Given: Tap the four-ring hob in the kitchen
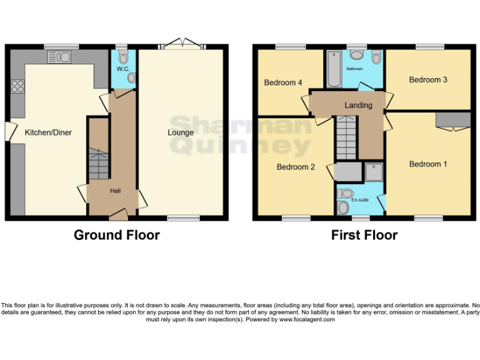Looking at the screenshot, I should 17,86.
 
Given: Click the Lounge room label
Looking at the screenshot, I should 181,132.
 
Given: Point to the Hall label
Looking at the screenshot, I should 116,191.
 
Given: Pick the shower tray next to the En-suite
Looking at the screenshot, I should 374,172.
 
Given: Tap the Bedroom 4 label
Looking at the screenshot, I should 283,82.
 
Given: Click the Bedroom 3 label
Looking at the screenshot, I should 428,79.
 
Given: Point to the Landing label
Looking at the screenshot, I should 358,105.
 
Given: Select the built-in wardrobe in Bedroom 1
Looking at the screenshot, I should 452,119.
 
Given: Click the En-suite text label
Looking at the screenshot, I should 359,200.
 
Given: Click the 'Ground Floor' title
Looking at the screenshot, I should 117,235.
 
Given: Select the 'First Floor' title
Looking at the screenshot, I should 364,235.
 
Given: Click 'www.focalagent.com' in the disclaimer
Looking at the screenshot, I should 306,319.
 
